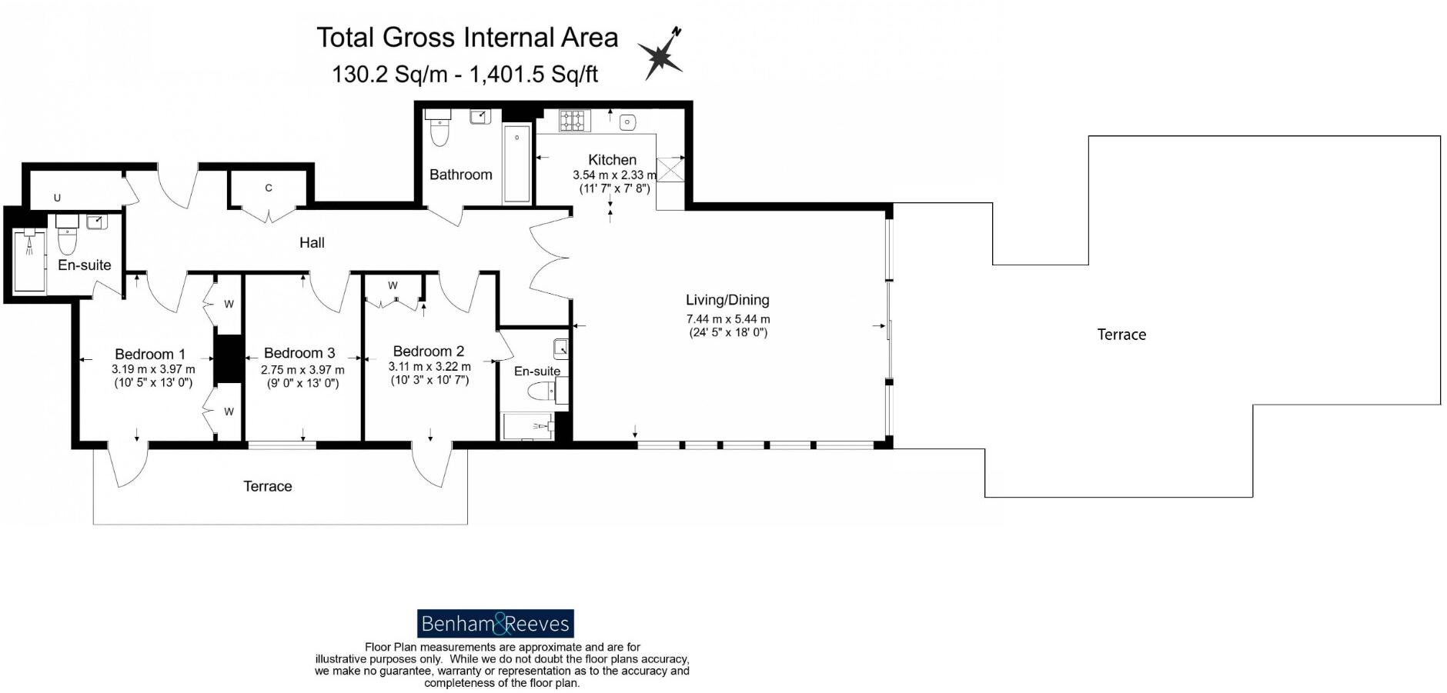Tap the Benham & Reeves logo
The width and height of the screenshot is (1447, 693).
[x=496, y=624]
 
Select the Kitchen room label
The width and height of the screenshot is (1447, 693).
[x=613, y=160]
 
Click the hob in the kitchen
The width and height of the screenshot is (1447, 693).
[x=570, y=121]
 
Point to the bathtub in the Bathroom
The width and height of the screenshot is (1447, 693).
[x=516, y=163]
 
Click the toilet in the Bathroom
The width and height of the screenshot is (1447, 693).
[x=439, y=128]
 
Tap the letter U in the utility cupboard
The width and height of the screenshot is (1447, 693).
[x=57, y=198]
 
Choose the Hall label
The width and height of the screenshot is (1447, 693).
[x=312, y=243]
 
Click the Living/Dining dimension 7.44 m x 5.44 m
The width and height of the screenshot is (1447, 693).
[x=728, y=319]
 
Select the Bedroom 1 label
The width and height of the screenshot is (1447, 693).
[x=150, y=355]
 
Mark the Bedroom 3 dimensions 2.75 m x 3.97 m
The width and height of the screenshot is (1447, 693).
[x=302, y=370]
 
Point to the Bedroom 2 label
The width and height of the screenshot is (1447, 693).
[x=429, y=351]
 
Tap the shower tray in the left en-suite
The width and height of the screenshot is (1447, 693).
[x=30, y=261]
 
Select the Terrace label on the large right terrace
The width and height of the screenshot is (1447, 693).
[x=1121, y=335]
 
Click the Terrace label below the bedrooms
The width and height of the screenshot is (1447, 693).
[x=268, y=486]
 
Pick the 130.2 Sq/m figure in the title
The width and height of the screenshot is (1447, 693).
[x=389, y=75]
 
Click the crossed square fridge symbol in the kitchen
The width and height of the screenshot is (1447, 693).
[x=670, y=168]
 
